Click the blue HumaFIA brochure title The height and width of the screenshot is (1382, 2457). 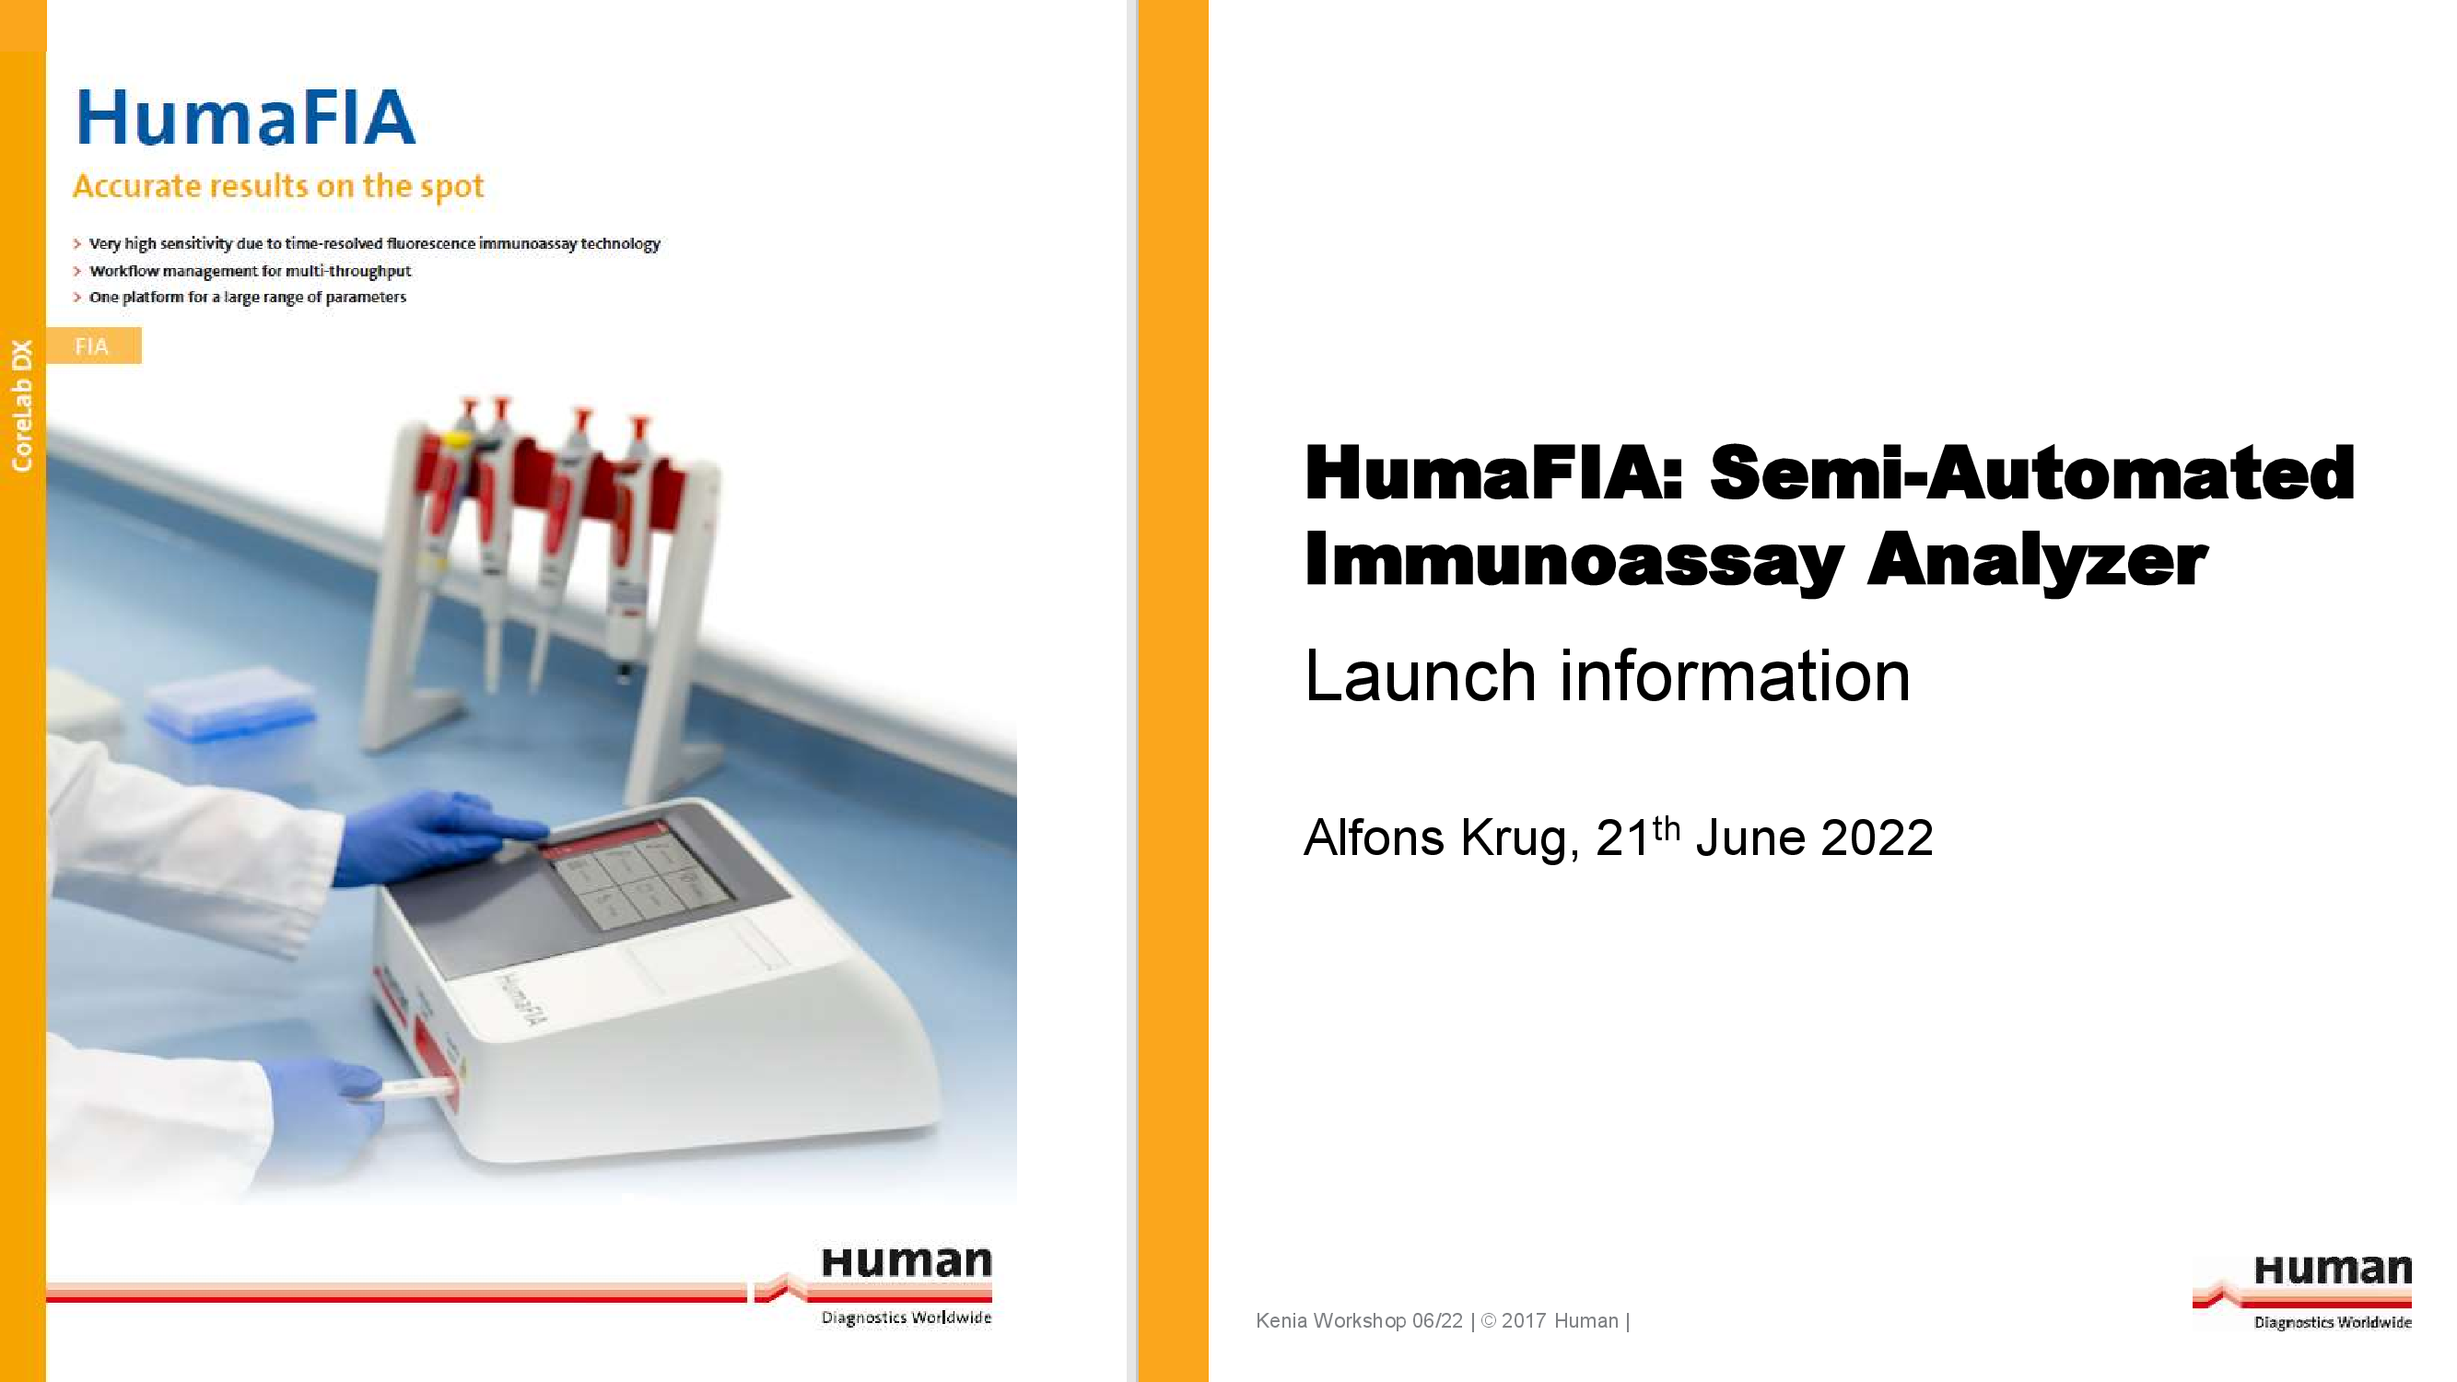pos(246,118)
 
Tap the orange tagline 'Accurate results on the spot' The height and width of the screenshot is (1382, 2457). pos(278,186)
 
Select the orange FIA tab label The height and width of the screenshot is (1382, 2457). pos(93,345)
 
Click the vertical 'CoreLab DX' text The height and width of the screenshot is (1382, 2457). pos(22,405)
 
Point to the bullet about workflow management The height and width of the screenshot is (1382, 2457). pos(250,271)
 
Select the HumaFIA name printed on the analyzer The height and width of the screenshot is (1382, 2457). pos(522,1001)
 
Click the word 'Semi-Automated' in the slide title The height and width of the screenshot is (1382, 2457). pos(2031,473)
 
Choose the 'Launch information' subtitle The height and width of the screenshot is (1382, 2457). pos(1608,676)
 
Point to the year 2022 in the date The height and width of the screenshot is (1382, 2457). pos(1878,838)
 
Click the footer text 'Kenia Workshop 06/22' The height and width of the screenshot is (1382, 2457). pos(1359,1321)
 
